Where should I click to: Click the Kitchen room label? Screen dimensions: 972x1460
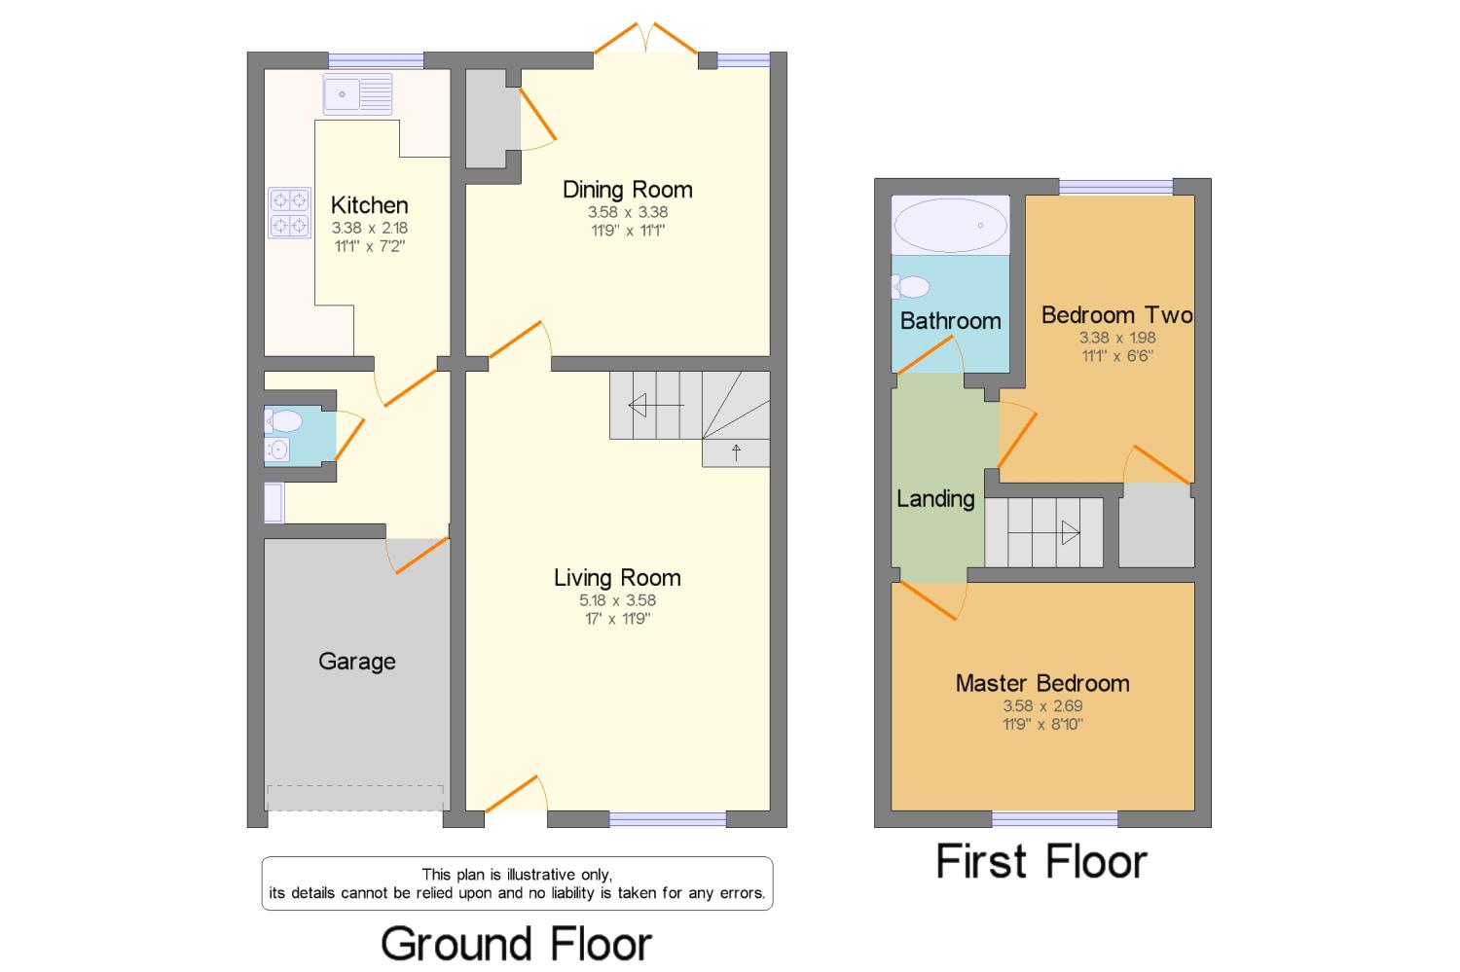[x=369, y=205]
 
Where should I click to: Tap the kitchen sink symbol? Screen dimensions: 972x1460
[x=357, y=94]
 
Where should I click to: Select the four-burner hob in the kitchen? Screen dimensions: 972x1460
[x=289, y=213]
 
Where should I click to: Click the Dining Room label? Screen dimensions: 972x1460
[x=628, y=190]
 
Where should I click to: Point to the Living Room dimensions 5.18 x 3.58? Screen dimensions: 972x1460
[x=617, y=600]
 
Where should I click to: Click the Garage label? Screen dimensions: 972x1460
[x=357, y=662]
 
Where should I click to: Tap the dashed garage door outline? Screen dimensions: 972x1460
[x=355, y=797]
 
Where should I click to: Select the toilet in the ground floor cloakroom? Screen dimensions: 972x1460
[x=283, y=421]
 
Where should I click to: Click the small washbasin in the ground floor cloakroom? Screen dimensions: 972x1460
[x=277, y=450]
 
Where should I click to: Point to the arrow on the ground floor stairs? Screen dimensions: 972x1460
[x=655, y=405]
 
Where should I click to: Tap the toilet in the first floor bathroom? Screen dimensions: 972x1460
[x=910, y=287]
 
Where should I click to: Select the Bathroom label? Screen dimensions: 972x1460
[x=950, y=321]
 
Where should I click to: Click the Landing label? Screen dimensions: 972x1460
[x=935, y=499]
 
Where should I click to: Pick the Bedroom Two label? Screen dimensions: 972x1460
[x=1116, y=315]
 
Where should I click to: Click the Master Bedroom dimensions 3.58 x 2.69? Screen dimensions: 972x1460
[x=1042, y=706]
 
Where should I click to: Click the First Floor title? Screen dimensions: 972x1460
[x=1041, y=862]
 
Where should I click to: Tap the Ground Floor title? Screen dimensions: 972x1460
[x=516, y=944]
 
